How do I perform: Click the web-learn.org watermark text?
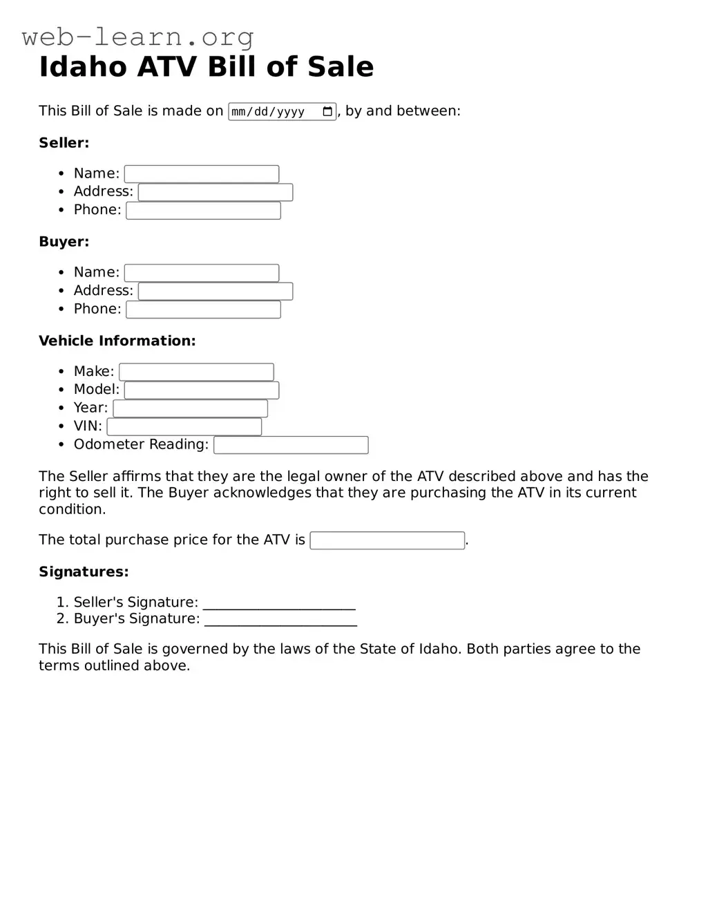pos(137,37)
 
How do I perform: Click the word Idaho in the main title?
pos(83,67)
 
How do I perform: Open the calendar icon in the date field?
pos(327,111)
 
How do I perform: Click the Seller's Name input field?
pos(201,174)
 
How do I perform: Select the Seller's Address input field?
pos(216,192)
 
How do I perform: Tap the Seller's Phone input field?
pos(203,211)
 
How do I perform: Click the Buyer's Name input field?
pos(201,273)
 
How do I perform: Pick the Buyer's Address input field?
pos(216,292)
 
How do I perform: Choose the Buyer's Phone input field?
pos(203,310)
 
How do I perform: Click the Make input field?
pos(196,372)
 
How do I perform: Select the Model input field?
pos(201,390)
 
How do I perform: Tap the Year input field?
pos(190,408)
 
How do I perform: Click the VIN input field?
pos(184,427)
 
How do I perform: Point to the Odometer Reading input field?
pos(291,445)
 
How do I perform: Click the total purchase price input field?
pos(387,540)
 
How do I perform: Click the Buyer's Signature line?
pos(280,620)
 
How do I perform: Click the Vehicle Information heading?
pos(117,341)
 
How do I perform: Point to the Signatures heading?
pos(84,571)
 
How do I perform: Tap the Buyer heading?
pos(64,242)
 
